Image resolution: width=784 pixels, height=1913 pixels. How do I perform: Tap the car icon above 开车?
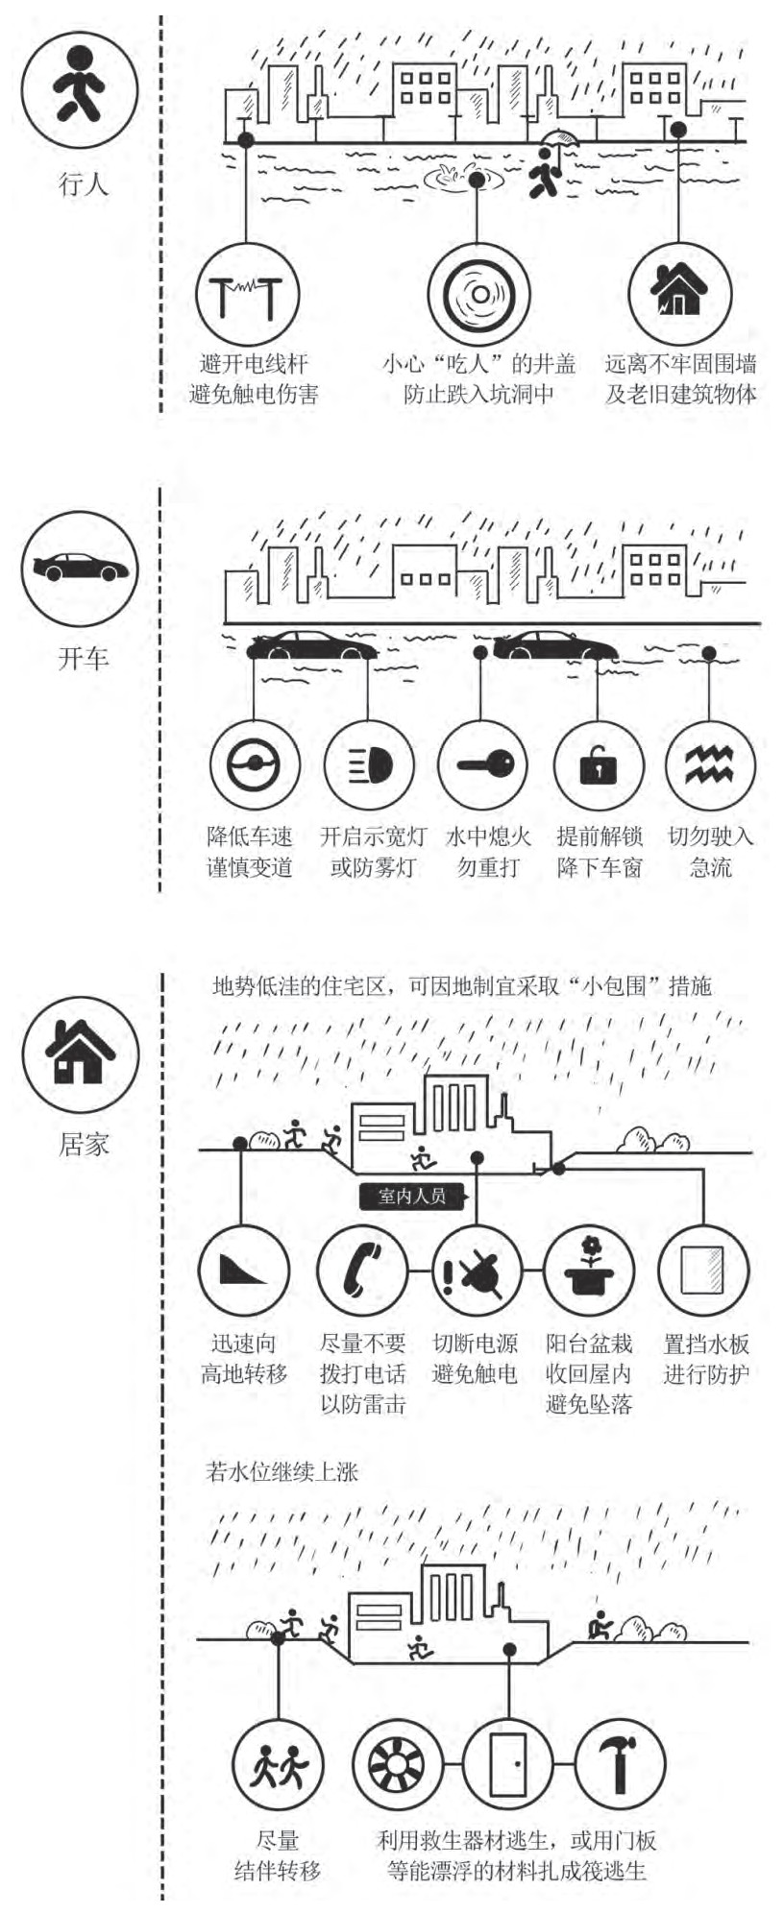[x=81, y=567]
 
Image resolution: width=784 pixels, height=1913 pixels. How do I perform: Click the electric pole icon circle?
[x=248, y=294]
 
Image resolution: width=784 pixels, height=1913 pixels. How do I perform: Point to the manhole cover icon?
[x=478, y=294]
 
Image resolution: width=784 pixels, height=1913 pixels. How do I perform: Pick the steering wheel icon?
[x=255, y=765]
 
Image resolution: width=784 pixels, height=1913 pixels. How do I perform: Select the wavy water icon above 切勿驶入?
[x=709, y=765]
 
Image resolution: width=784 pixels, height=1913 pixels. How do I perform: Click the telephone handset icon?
[x=361, y=1270]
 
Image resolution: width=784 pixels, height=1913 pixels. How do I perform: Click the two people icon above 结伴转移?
[x=279, y=1765]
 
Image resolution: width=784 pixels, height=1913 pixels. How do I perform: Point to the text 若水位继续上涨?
[x=282, y=1471]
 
